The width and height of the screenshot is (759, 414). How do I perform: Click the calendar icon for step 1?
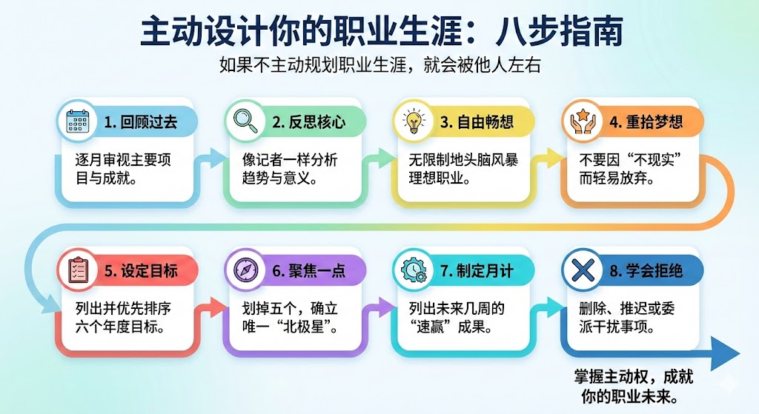point(77,121)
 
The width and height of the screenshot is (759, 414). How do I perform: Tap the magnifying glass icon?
point(245,121)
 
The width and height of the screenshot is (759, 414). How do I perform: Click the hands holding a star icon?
point(583,121)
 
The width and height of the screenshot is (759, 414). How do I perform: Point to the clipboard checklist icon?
point(77,270)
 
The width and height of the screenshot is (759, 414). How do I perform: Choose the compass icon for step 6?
point(246,270)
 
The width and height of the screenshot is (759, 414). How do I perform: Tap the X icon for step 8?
point(583,270)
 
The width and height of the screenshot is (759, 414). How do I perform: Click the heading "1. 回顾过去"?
point(140,122)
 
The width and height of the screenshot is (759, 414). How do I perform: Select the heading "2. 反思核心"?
point(309,122)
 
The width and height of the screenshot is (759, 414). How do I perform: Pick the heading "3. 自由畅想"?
point(477,122)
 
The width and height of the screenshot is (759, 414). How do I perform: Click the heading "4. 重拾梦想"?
point(646,122)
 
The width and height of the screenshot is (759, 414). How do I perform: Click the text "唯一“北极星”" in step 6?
point(291,327)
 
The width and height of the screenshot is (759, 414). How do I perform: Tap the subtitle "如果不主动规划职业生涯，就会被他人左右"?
point(379,65)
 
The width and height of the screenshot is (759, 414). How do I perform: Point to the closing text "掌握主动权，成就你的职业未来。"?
point(633,387)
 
